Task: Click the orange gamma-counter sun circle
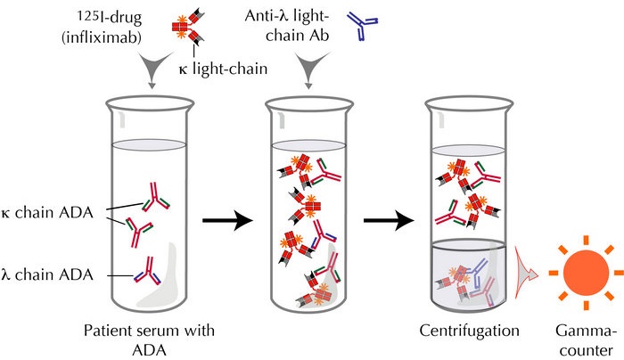(586, 273)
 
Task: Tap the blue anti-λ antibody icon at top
(362, 26)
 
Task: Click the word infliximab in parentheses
(102, 37)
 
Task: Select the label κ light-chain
(223, 69)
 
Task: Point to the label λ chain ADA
(47, 274)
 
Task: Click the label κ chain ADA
(47, 213)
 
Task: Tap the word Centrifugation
(469, 331)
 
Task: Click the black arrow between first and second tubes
(227, 220)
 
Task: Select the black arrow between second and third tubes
(389, 220)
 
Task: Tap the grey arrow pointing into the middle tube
(312, 69)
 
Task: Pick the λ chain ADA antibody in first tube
(149, 271)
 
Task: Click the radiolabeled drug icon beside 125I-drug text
(188, 27)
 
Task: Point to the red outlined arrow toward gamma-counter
(525, 273)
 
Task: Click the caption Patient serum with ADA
(149, 340)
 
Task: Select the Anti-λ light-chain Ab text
(287, 26)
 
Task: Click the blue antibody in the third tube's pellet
(479, 272)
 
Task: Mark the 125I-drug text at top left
(109, 18)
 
